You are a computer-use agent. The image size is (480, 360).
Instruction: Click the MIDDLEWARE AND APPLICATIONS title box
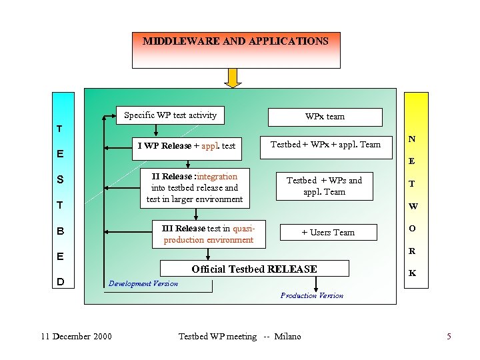click(236, 49)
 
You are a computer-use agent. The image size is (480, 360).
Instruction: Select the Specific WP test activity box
click(170, 115)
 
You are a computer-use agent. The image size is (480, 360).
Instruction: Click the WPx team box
click(325, 117)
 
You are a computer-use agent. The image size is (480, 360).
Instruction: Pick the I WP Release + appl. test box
click(186, 146)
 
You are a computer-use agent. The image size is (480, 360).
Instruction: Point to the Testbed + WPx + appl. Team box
click(325, 145)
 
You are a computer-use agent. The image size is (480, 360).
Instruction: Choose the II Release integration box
click(195, 187)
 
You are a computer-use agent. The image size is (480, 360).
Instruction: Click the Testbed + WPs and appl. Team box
click(325, 186)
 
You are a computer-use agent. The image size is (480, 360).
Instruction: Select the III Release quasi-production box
click(208, 233)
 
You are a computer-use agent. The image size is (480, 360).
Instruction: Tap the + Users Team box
click(328, 232)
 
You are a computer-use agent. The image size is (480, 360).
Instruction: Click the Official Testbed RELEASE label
click(255, 269)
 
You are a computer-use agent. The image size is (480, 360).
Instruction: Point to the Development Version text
click(143, 283)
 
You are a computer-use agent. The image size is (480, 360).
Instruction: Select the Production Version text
click(312, 295)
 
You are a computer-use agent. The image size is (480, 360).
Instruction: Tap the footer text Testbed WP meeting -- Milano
click(240, 336)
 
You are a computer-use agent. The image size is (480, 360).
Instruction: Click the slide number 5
click(449, 336)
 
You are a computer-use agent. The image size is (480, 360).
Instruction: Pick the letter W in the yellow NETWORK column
click(412, 206)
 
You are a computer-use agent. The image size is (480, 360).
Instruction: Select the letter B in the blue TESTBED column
click(60, 231)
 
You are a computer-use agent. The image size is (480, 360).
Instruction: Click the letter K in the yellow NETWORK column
click(412, 273)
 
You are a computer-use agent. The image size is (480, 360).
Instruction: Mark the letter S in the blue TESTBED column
click(60, 179)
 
